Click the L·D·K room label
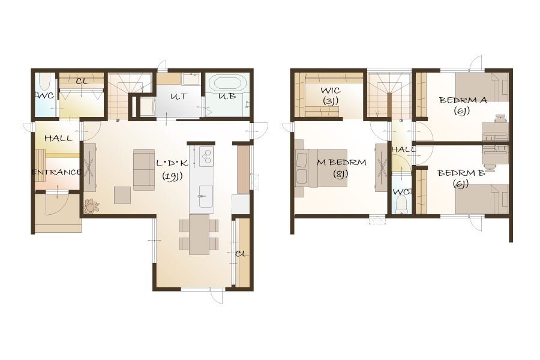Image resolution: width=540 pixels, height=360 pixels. (172, 163)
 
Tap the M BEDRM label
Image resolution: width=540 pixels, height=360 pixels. (341, 162)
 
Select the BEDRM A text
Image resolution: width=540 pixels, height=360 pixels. (463, 100)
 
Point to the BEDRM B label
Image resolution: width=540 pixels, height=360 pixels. (461, 173)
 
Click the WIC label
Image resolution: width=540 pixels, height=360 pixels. (330, 91)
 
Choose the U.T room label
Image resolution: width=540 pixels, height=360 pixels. (179, 97)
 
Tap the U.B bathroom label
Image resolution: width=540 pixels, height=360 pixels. (227, 96)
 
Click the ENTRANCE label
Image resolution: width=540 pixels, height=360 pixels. (56, 172)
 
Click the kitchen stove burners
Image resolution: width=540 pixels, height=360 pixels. (206, 157)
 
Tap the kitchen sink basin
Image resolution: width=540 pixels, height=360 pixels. (206, 196)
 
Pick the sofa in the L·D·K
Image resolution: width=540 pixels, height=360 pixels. (144, 170)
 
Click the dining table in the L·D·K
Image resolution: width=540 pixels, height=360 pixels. (199, 235)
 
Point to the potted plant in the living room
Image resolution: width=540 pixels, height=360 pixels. (91, 206)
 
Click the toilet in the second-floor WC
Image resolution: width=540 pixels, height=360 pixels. (401, 205)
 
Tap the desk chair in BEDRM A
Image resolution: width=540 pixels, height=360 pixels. (500, 119)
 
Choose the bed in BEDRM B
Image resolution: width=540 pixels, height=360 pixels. (482, 199)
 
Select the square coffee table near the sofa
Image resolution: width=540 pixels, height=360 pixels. (122, 196)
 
